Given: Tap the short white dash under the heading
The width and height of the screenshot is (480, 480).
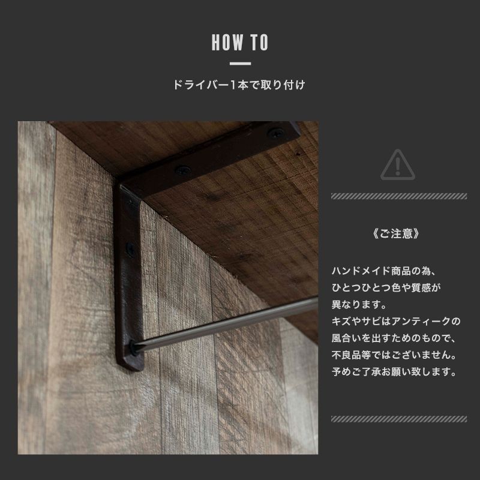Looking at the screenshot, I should point(240,63).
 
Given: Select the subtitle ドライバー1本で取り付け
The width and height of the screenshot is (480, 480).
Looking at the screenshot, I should point(239,85).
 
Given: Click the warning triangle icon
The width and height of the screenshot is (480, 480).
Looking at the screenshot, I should point(399,163).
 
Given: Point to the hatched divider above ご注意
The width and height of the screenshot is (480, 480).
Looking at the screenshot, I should point(399,196).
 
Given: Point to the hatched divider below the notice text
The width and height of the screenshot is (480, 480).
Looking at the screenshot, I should point(399,418).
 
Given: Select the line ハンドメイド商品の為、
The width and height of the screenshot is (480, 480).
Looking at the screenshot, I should point(382,271).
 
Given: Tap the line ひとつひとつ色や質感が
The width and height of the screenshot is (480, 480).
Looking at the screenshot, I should point(386,288).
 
